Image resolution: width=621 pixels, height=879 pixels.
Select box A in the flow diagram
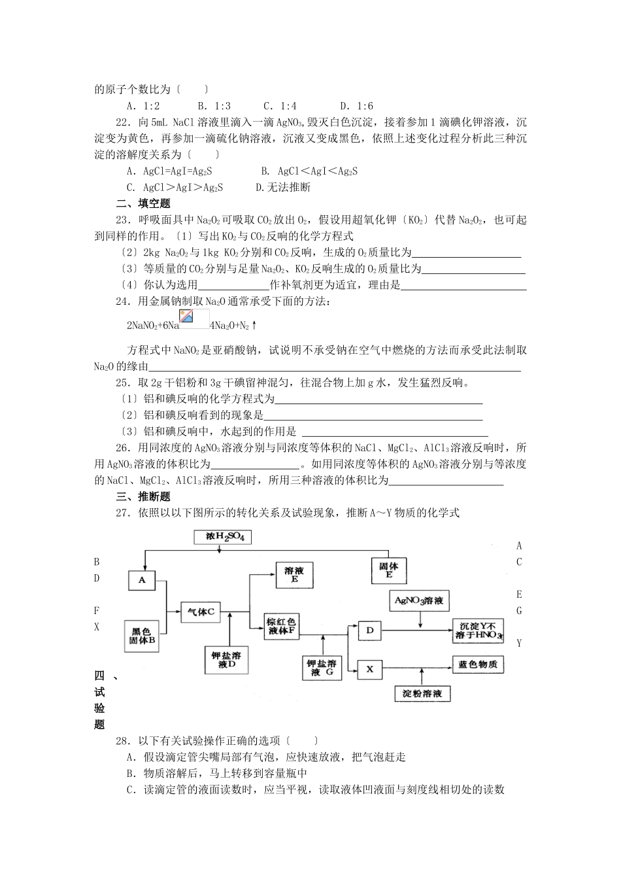[142, 580]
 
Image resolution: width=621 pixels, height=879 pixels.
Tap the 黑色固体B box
[142, 636]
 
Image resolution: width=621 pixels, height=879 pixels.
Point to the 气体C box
[201, 612]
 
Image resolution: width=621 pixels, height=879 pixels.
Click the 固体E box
[389, 570]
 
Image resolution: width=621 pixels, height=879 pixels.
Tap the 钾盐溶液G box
[322, 667]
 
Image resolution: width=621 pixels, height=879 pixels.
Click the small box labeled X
[369, 669]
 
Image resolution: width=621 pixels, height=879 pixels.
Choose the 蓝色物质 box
[478, 664]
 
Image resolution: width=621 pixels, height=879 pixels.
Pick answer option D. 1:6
[356, 106]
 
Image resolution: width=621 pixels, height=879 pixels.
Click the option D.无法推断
[283, 187]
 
